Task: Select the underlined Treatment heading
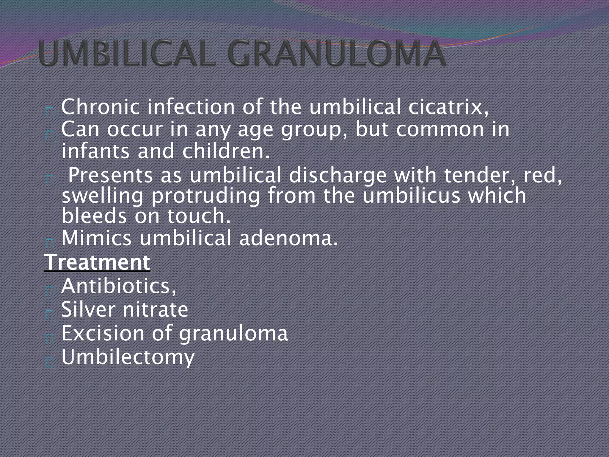click(97, 262)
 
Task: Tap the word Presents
click(110, 175)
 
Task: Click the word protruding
click(205, 196)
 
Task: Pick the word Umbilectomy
click(128, 357)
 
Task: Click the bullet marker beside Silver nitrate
click(49, 314)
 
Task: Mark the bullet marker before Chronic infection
click(49, 112)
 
